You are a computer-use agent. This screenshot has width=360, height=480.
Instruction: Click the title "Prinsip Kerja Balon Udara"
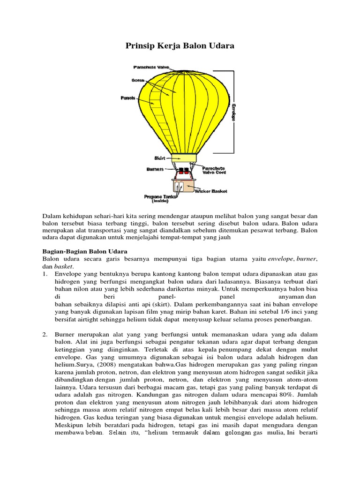click(x=180, y=46)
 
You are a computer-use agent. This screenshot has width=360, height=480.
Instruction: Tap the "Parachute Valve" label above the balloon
click(x=150, y=67)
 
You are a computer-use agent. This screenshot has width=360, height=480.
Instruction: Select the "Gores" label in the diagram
click(x=138, y=80)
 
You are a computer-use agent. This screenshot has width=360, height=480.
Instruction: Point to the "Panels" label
click(x=127, y=98)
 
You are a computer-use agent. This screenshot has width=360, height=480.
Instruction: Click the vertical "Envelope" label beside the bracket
click(x=233, y=112)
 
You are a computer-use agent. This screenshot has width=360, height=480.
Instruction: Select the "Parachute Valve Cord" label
click(x=214, y=170)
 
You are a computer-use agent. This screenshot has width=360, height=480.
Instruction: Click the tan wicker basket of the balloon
click(x=188, y=186)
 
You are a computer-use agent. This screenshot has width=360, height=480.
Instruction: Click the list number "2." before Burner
click(x=45, y=334)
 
